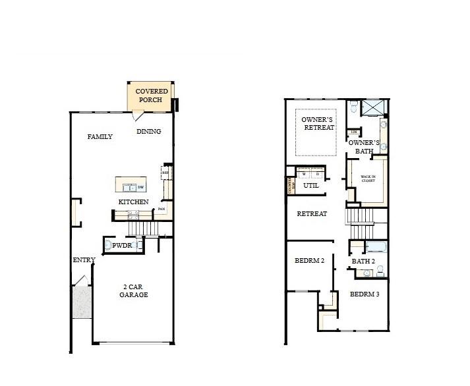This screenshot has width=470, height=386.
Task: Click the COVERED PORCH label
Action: (x=152, y=96)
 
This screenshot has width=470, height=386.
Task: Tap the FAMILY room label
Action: (x=100, y=137)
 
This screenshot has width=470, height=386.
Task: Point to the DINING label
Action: (x=149, y=131)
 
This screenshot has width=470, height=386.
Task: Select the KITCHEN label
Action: (x=133, y=202)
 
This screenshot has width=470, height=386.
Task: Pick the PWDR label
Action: (x=123, y=246)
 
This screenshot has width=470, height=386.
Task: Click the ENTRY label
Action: (x=84, y=260)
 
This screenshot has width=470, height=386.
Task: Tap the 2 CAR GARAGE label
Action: (x=133, y=290)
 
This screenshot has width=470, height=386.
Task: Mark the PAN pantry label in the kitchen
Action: (x=161, y=209)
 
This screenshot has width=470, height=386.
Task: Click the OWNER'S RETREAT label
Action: (x=318, y=123)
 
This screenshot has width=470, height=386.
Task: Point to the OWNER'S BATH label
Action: (x=364, y=146)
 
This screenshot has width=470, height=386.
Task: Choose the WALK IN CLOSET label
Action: (x=368, y=179)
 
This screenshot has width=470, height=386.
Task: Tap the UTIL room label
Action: (x=311, y=186)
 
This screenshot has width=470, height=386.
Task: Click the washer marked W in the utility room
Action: (x=304, y=173)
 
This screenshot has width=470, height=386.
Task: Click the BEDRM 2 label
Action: (x=309, y=261)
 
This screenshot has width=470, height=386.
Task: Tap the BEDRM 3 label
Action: (x=365, y=294)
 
